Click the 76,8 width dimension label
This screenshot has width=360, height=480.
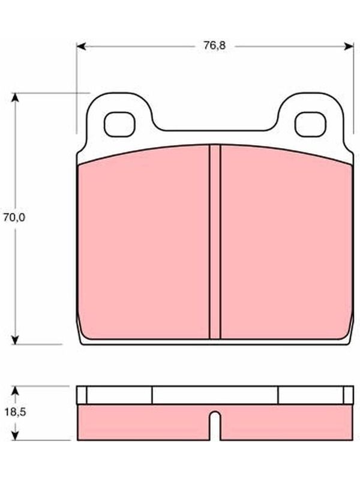coord(215,46)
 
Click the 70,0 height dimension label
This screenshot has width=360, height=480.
coord(14,217)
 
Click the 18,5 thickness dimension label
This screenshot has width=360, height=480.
coord(15,412)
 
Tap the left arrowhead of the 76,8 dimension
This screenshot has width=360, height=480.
coord(80,46)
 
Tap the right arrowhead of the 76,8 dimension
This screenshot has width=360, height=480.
coord(349,46)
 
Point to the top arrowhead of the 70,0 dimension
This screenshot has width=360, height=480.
coord(15,97)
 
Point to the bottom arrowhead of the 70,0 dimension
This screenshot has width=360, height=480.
coord(15,340)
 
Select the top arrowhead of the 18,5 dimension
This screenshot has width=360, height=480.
coord(15,391)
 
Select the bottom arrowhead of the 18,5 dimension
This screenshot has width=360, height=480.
coord(15,436)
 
